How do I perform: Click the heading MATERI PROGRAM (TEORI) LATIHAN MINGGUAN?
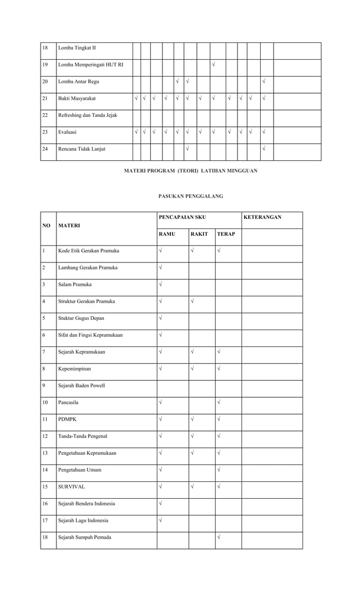tap(190, 170)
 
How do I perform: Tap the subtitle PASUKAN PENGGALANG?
tap(190, 196)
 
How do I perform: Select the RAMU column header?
tap(167, 234)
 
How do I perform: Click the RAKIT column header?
tap(199, 234)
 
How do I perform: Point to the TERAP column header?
tap(226, 234)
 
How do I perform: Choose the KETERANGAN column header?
tap(262, 217)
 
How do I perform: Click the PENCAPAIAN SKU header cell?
tap(182, 217)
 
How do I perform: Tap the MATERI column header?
tap(69, 225)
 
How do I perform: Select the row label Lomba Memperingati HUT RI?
tap(91, 64)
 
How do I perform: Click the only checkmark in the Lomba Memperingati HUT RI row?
tap(213, 64)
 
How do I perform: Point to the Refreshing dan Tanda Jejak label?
tap(87, 115)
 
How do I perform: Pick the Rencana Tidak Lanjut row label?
tap(82, 149)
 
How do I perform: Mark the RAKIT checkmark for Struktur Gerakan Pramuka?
tap(192, 301)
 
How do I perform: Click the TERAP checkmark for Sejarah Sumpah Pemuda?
tap(218, 537)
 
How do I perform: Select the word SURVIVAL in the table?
tap(72, 486)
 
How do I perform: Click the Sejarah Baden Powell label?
tap(82, 385)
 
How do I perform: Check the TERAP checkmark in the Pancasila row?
tap(218, 402)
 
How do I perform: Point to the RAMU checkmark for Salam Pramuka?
tap(161, 284)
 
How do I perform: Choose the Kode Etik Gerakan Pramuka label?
tap(89, 251)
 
